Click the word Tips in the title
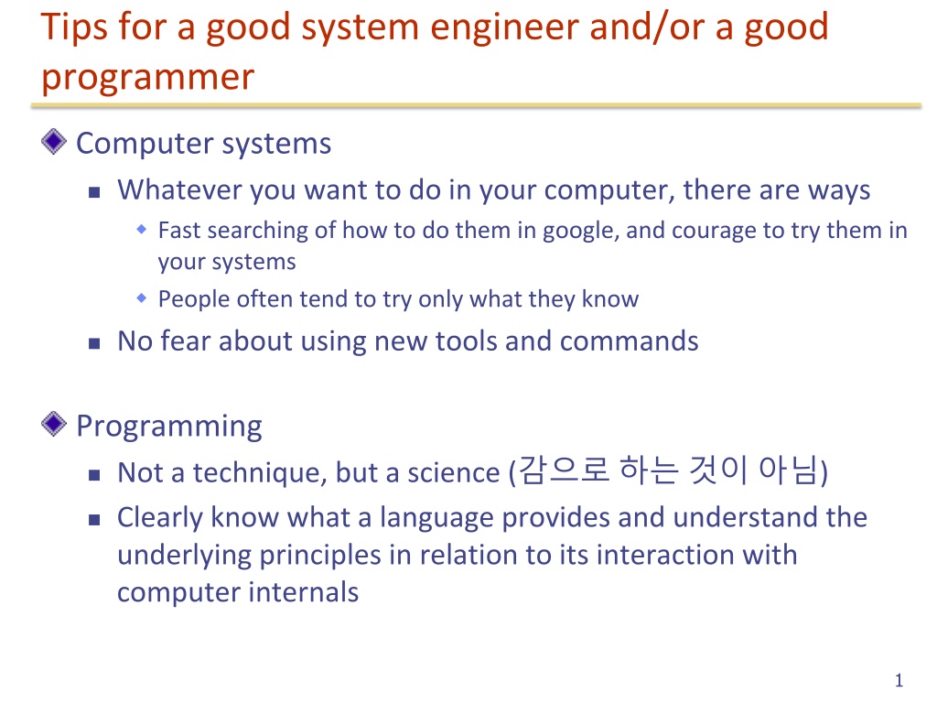pyautogui.click(x=74, y=27)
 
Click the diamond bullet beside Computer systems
pyautogui.click(x=54, y=142)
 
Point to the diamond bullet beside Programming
pyautogui.click(x=54, y=424)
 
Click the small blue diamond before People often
pyautogui.click(x=142, y=297)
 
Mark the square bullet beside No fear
pyautogui.click(x=94, y=343)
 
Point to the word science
pyautogui.click(x=454, y=473)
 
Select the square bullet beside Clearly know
pyautogui.click(x=94, y=520)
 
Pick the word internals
pyautogui.click(x=304, y=592)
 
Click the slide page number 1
pyautogui.click(x=899, y=680)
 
